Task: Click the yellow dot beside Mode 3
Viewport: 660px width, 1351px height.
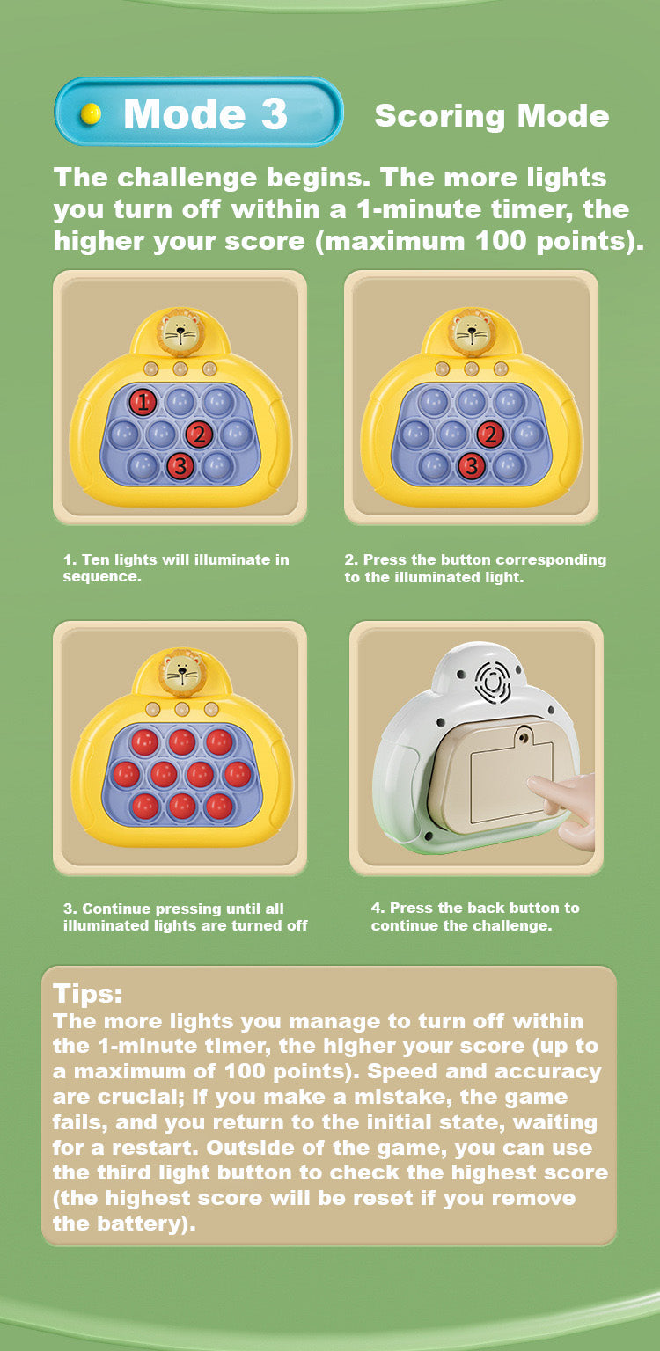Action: pyautogui.click(x=92, y=113)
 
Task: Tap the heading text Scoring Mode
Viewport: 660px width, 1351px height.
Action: pyautogui.click(x=492, y=116)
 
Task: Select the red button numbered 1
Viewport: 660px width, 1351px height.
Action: pyautogui.click(x=143, y=402)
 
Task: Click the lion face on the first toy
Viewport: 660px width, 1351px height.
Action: pyautogui.click(x=180, y=332)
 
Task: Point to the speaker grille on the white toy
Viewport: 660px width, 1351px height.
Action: pyautogui.click(x=496, y=682)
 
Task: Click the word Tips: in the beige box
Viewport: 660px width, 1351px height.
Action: pyautogui.click(x=88, y=993)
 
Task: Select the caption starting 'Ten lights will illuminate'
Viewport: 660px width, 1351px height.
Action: pyautogui.click(x=176, y=568)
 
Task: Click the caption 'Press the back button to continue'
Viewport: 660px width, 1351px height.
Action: pyautogui.click(x=475, y=916)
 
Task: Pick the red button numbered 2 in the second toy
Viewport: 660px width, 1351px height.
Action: pyautogui.click(x=490, y=435)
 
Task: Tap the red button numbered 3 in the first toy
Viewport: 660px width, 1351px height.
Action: pyautogui.click(x=180, y=465)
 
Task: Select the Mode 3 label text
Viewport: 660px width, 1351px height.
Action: pyautogui.click(x=205, y=113)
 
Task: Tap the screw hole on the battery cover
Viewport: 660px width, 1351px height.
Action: pyautogui.click(x=524, y=737)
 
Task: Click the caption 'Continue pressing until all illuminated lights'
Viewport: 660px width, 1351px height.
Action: pyautogui.click(x=185, y=916)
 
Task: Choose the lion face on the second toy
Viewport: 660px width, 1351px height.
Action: pyautogui.click(x=471, y=332)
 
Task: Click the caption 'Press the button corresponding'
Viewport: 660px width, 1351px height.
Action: pyautogui.click(x=475, y=568)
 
